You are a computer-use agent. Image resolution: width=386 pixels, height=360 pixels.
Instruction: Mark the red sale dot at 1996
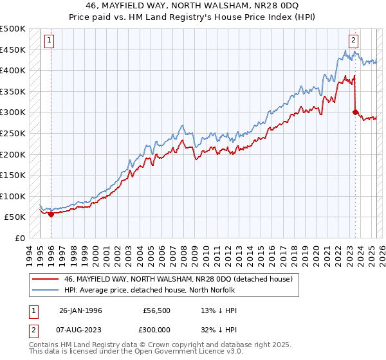pos(51,215)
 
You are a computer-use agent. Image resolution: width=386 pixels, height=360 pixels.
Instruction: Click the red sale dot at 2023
pos(354,112)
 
